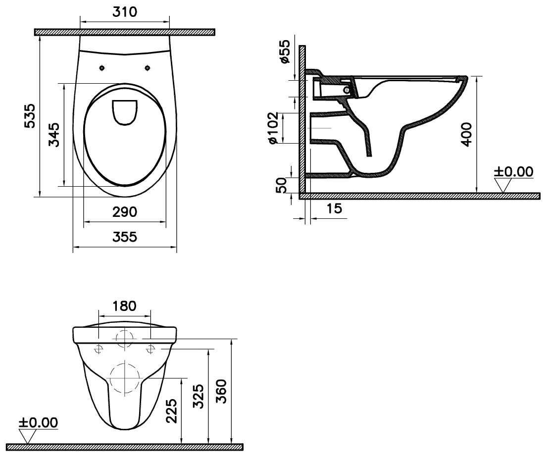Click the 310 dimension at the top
tap(125, 12)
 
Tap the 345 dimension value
tap(54, 135)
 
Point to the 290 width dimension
tap(125, 212)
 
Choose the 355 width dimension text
tap(125, 237)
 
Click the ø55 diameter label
tap(285, 51)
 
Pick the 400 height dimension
tap(467, 134)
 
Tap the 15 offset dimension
tap(334, 208)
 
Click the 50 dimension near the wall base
tap(281, 185)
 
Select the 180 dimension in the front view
tap(124, 306)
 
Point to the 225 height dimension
tap(171, 411)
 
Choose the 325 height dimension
tap(199, 396)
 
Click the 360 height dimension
tap(221, 391)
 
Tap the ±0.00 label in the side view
tap(513, 172)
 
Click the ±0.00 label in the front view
tap(38, 422)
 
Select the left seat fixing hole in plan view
tap(102, 68)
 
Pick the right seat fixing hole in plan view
tap(148, 68)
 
